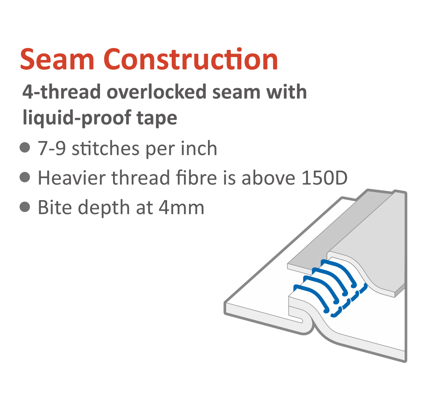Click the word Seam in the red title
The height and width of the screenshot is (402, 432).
[57, 59]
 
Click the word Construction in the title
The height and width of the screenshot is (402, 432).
[191, 59]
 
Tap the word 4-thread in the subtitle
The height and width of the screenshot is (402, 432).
[62, 92]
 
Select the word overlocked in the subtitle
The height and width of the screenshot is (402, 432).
[157, 92]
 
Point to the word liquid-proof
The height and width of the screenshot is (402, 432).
[77, 118]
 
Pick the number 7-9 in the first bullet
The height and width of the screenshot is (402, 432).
[51, 148]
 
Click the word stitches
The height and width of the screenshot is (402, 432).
[105, 148]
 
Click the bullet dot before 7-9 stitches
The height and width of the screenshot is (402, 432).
[25, 147]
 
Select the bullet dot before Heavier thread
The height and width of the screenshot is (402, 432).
[25, 177]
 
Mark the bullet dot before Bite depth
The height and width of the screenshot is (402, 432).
[25, 207]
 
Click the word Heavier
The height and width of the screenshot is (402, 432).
[72, 178]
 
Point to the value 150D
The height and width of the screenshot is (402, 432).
[324, 178]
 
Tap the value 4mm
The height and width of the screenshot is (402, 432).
[181, 207]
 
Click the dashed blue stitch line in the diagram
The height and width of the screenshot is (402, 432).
[349, 301]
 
